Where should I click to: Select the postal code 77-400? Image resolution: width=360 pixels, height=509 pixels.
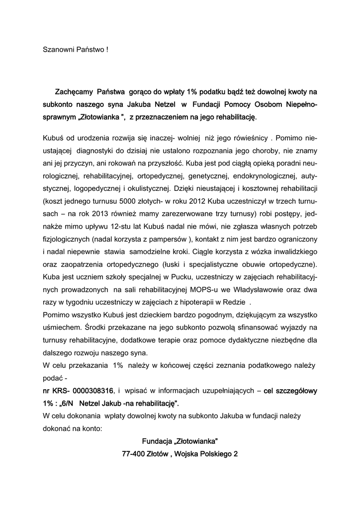point(133,454)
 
